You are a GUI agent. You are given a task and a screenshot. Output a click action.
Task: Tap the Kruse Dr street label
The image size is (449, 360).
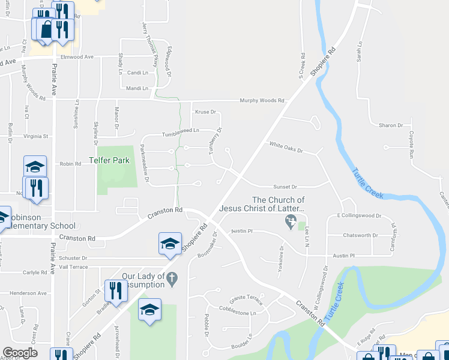click(x=205, y=112)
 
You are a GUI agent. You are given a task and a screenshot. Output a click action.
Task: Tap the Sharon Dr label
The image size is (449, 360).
click(x=391, y=125)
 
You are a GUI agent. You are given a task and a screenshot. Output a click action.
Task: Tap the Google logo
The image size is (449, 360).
click(x=20, y=353)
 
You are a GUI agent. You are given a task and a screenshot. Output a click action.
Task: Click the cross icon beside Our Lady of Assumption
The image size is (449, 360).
click(x=172, y=279)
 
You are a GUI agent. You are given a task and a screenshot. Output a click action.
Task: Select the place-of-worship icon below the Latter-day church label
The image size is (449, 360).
click(x=291, y=223)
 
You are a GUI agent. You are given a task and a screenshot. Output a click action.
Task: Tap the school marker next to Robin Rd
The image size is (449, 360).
click(x=35, y=167)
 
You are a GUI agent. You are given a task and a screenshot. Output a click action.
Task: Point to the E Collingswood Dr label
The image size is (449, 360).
click(x=360, y=215)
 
